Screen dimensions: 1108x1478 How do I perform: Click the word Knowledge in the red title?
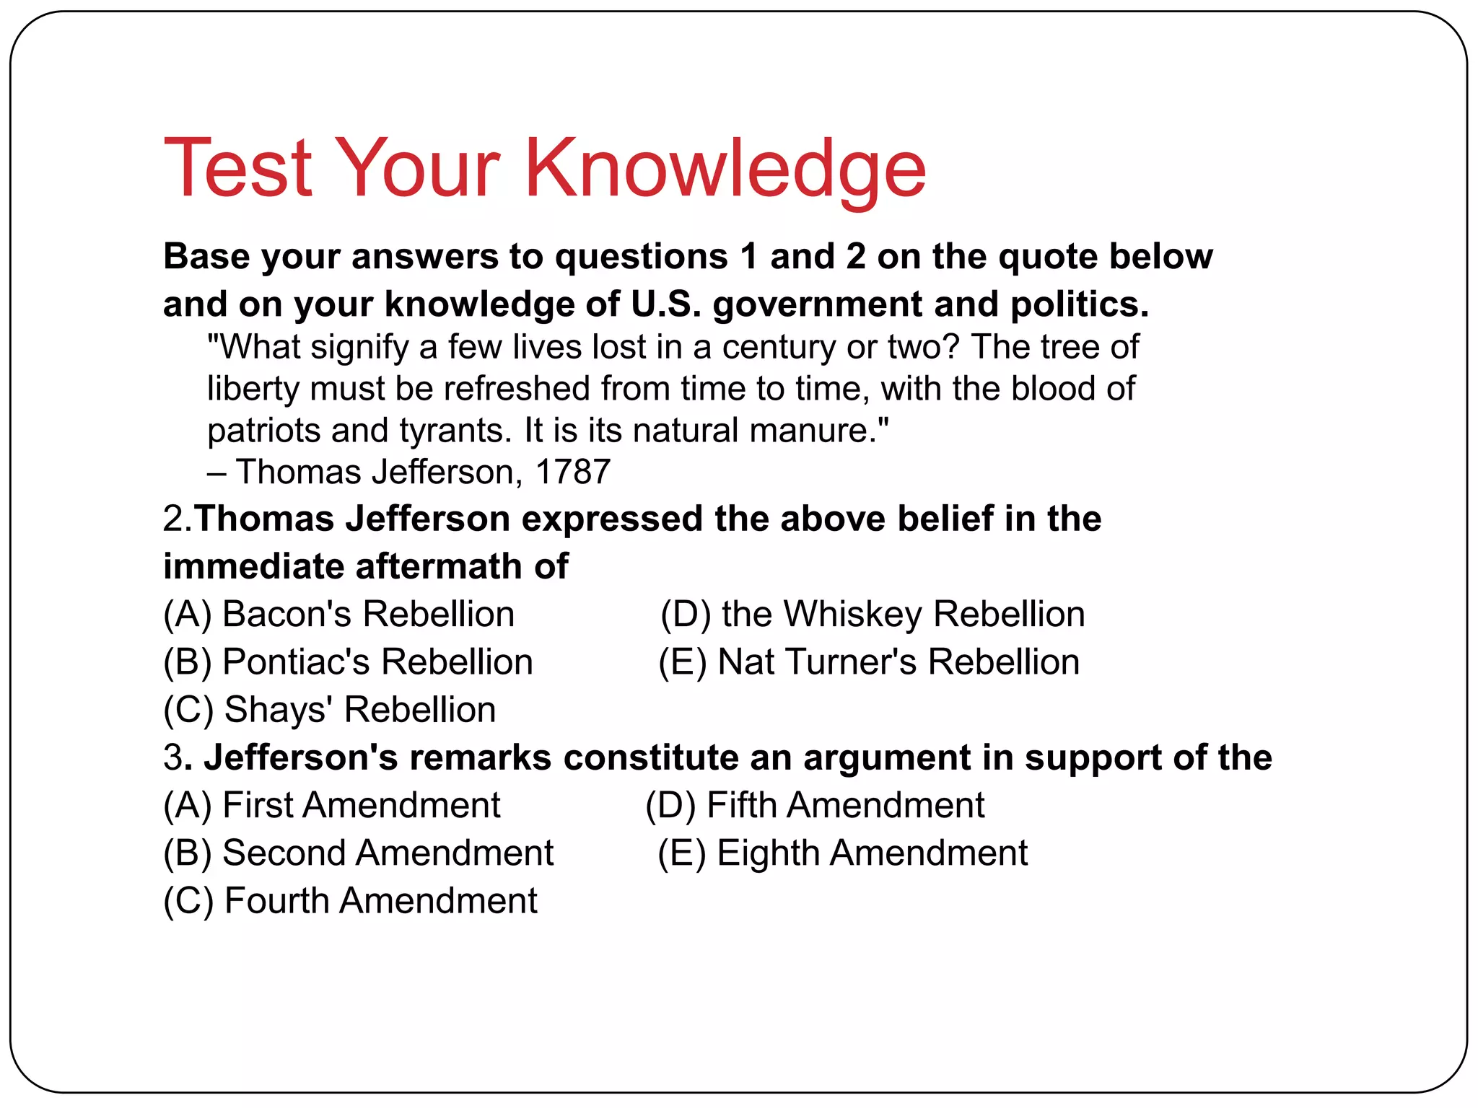tap(725, 169)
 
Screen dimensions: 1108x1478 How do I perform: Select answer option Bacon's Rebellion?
tap(339, 615)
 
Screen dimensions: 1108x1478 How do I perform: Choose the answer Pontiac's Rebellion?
tap(348, 662)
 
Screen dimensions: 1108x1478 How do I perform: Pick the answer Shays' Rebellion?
tap(330, 710)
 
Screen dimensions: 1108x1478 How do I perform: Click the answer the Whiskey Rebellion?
tap(873, 615)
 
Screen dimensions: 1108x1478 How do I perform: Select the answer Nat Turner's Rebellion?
tap(869, 662)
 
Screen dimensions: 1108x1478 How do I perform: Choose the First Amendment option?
tap(332, 805)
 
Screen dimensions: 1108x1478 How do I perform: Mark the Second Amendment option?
tap(359, 853)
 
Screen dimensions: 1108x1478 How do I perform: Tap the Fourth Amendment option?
tap(351, 901)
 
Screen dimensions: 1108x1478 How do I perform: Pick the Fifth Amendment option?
tap(815, 805)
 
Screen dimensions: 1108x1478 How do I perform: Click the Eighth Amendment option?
tap(842, 853)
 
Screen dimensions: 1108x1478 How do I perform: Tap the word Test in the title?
tap(238, 169)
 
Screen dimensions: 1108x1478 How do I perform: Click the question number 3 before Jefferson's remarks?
tap(173, 758)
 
